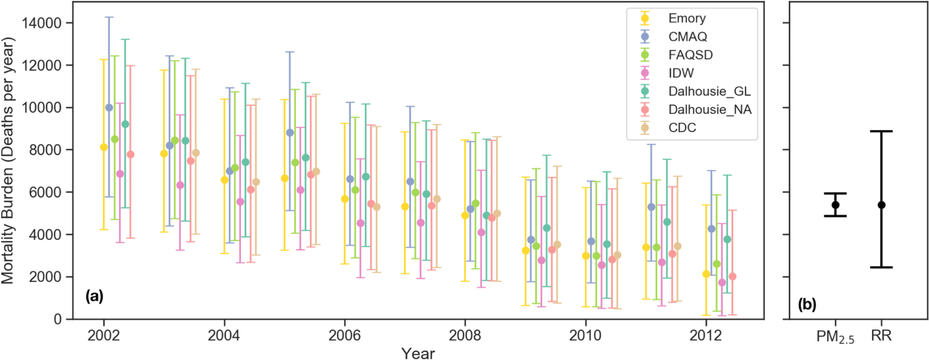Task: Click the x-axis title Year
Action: click(417, 353)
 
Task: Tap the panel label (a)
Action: click(94, 297)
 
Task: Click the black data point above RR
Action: click(881, 204)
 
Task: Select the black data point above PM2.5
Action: click(835, 204)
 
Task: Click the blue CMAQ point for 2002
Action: click(110, 108)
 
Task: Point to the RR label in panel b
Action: click(881, 336)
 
